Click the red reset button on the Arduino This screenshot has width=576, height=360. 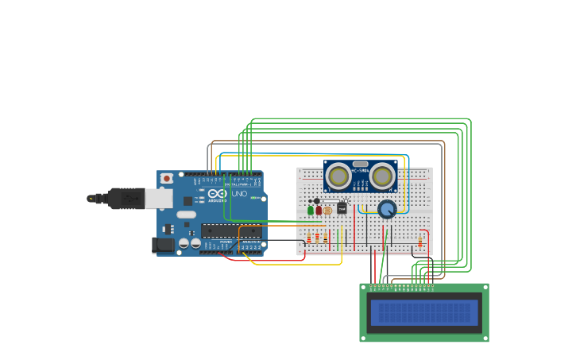coord(167,179)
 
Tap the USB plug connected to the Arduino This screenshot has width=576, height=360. coord(127,198)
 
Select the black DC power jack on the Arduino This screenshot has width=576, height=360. coord(164,245)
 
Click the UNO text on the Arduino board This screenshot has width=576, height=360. coord(238,194)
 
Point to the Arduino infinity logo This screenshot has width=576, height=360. coord(218,193)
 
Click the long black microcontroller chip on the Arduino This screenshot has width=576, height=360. coord(230,231)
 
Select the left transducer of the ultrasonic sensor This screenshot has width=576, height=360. coord(338,176)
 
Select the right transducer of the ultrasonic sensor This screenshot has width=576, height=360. coord(382,176)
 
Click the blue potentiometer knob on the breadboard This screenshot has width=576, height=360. coord(387,209)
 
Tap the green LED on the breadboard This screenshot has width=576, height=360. coord(311,211)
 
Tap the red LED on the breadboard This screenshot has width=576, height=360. coord(319,211)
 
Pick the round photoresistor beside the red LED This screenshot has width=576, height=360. coord(327,211)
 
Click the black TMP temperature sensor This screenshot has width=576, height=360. coord(342,208)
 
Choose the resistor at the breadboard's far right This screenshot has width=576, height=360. coord(420,242)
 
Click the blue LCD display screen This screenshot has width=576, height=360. coord(424,312)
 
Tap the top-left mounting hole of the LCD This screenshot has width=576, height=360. coord(364,288)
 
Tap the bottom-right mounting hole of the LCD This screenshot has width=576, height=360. coord(485,338)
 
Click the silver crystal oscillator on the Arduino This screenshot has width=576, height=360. coord(186,215)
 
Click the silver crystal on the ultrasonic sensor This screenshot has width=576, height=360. coord(360,164)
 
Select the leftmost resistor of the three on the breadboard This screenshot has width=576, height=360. coord(309,238)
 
